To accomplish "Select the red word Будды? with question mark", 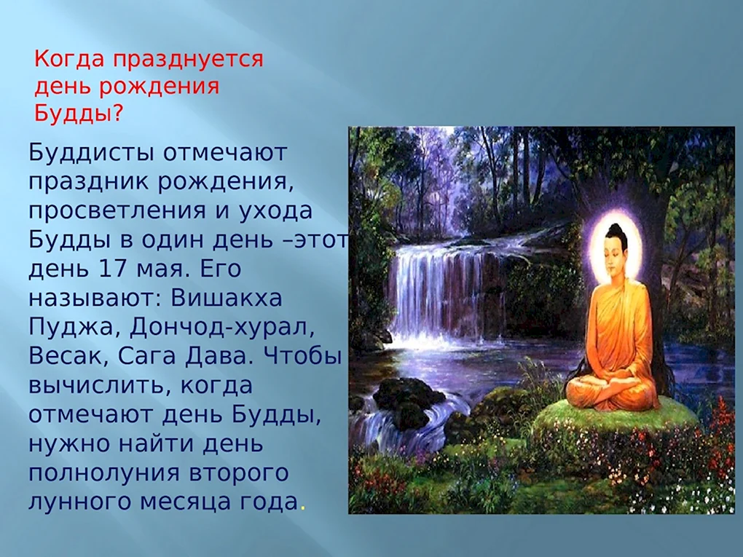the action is coord(79,114).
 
